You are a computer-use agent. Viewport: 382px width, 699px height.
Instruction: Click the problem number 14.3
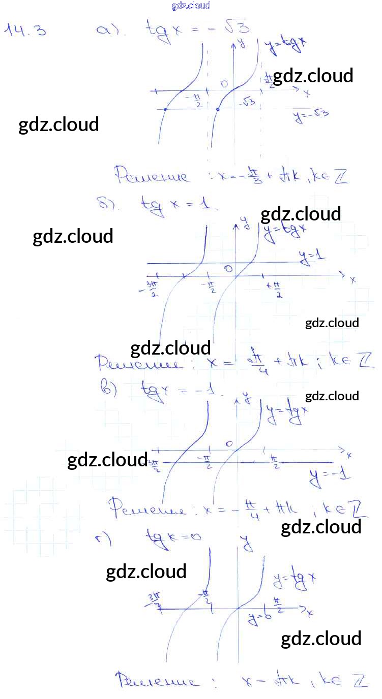(x=25, y=30)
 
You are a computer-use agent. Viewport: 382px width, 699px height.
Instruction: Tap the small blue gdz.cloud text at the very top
(x=191, y=6)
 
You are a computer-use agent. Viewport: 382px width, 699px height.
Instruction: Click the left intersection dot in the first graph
(x=166, y=109)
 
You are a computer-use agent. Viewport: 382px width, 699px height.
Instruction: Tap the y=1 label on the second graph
(x=312, y=259)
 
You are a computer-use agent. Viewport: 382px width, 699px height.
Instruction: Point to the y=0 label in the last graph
(x=258, y=618)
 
